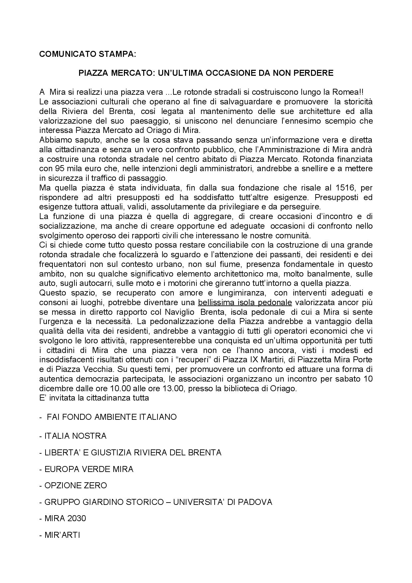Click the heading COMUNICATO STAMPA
(87, 54)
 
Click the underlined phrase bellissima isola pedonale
(245, 302)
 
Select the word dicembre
(54, 389)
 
